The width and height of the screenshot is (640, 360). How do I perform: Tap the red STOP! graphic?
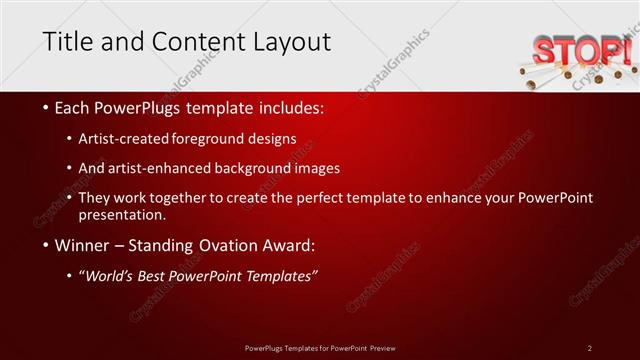(x=581, y=50)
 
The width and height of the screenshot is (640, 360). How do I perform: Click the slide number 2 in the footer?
(x=590, y=347)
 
